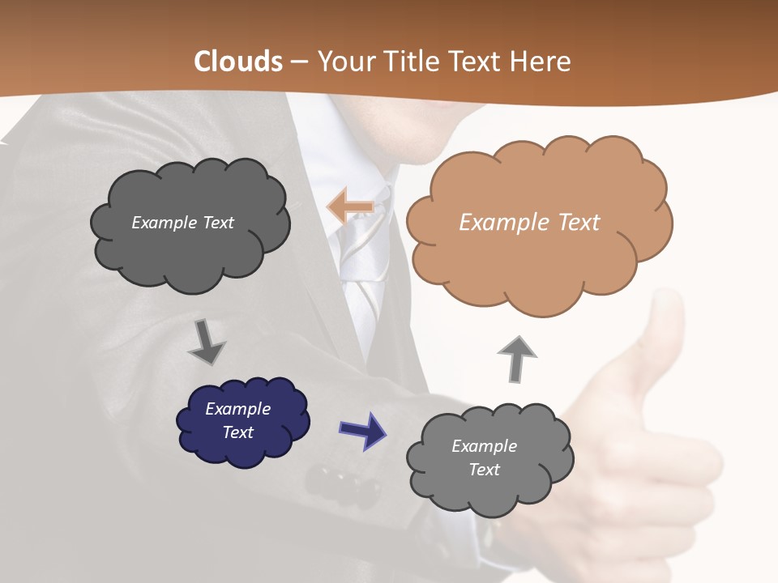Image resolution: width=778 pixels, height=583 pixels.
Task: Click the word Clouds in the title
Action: [x=238, y=62]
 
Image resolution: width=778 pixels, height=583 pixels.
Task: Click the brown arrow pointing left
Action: [x=350, y=206]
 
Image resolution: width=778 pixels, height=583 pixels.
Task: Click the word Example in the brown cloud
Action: [x=497, y=223]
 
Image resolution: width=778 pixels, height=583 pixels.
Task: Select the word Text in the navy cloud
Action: [x=238, y=432]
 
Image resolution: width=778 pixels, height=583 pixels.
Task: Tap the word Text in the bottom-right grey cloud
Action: [x=484, y=470]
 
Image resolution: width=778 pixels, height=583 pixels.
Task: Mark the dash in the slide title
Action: [x=298, y=62]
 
